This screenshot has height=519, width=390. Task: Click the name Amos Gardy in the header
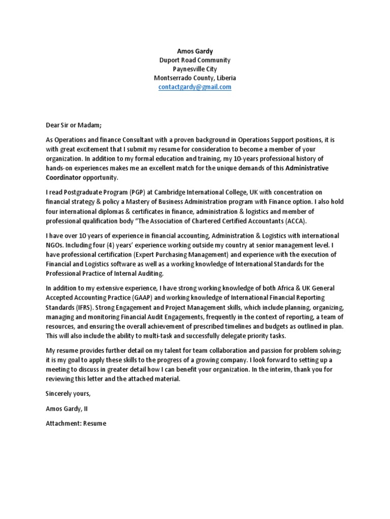(195, 51)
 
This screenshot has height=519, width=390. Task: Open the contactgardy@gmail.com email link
(195, 87)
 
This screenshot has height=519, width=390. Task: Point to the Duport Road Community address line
(195, 60)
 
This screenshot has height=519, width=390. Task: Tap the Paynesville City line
(195, 69)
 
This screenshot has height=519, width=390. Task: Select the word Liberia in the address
(224, 79)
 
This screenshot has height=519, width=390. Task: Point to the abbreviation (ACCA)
(291, 222)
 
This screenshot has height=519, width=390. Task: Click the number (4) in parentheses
(107, 245)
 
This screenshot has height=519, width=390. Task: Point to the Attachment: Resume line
(76, 424)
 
